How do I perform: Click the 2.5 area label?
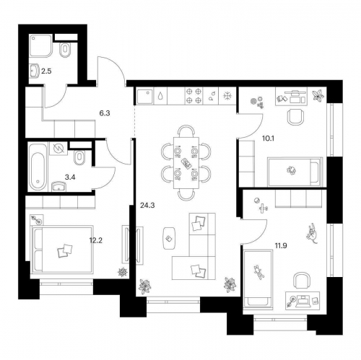click(x=46, y=71)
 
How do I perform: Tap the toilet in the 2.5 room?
click(x=65, y=50)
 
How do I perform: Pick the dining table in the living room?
click(x=186, y=162)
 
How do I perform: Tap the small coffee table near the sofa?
click(x=169, y=237)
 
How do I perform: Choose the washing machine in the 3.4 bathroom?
click(x=60, y=149)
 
